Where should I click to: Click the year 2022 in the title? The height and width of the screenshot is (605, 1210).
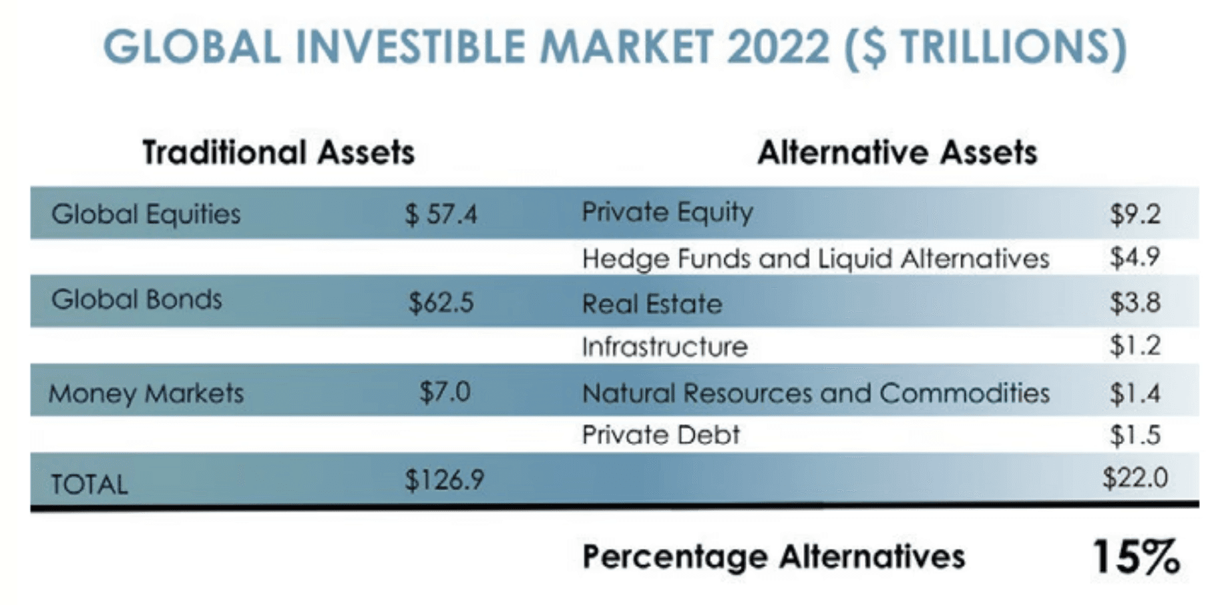tap(778, 47)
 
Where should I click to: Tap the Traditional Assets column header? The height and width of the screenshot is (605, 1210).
tap(278, 152)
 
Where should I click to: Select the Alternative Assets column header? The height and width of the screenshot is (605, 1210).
tap(897, 152)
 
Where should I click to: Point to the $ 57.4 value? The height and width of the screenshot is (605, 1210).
tap(441, 214)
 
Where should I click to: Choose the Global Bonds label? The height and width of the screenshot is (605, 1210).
tap(136, 300)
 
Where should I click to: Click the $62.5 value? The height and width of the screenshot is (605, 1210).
tap(441, 302)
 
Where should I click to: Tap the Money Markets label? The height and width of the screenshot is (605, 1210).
tap(146, 393)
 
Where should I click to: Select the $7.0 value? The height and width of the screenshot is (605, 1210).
tap(445, 391)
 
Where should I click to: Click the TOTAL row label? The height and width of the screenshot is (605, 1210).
tap(89, 484)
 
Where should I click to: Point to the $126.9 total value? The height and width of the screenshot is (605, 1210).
tap(444, 479)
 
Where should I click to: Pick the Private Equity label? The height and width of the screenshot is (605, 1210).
tap(667, 213)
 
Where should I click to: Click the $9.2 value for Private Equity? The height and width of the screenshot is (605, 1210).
tap(1135, 214)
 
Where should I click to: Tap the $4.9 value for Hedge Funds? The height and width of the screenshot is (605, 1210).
tap(1135, 257)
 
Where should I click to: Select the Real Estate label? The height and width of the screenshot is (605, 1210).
tap(652, 304)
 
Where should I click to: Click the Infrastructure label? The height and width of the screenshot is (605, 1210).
tap(664, 347)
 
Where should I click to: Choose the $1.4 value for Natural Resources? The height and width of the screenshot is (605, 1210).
tap(1135, 393)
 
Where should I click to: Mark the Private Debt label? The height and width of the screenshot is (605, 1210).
tap(660, 435)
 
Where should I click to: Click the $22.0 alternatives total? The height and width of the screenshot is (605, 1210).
tap(1135, 478)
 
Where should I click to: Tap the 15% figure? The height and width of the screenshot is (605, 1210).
tap(1136, 557)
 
